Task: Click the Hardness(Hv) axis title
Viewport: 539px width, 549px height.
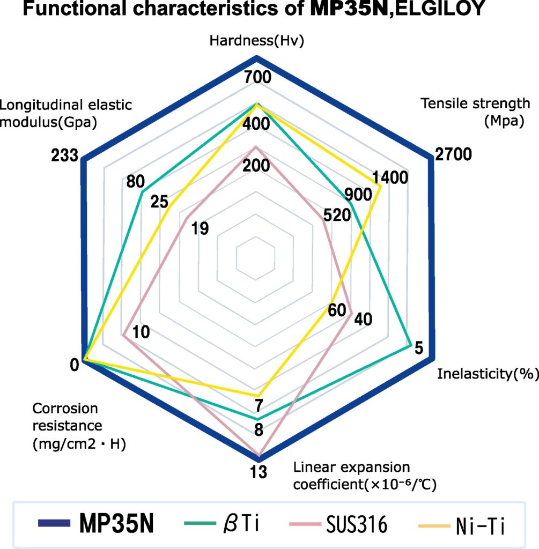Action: [x=257, y=41]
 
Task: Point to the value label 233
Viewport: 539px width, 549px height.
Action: [x=64, y=155]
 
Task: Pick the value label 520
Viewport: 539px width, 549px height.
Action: [x=337, y=216]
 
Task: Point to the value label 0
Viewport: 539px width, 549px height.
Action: [x=75, y=365]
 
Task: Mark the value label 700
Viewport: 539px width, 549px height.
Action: [x=257, y=77]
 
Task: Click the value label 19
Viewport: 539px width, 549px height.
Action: [x=200, y=229]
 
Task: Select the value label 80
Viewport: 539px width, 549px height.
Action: [x=136, y=181]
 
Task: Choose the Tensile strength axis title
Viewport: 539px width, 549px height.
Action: [x=475, y=112]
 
